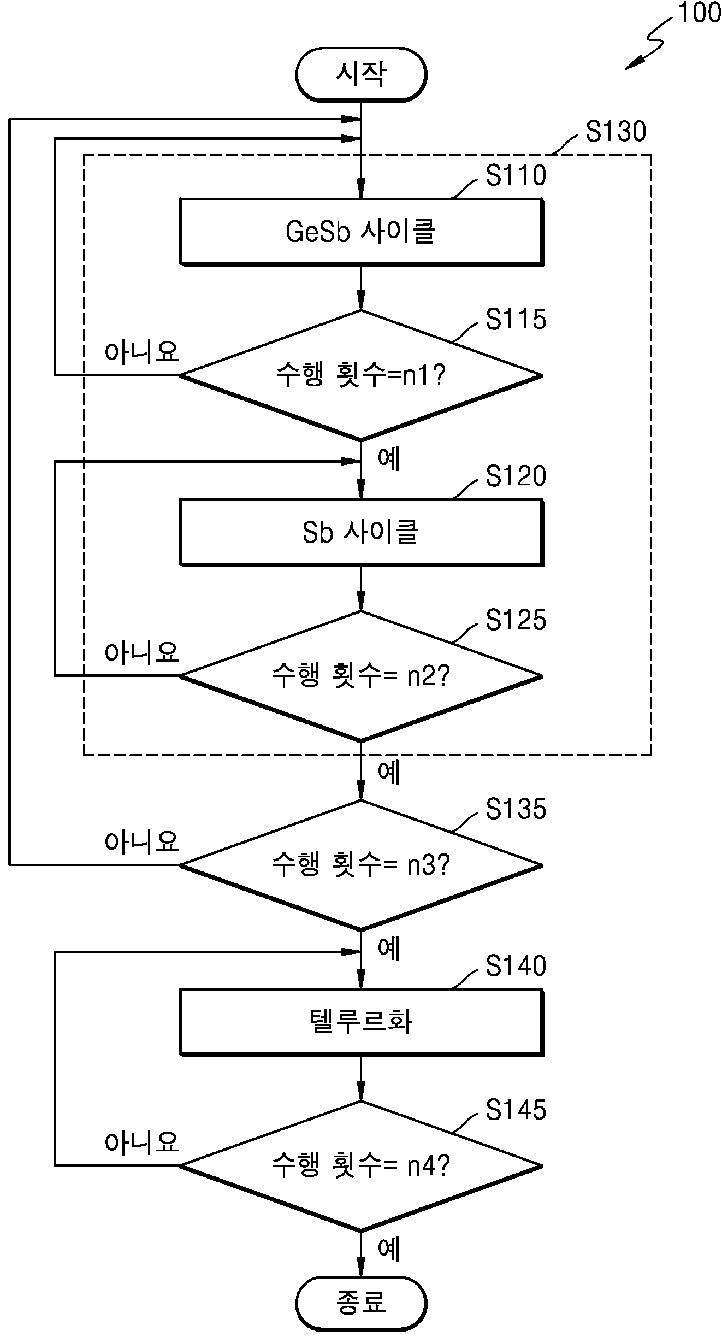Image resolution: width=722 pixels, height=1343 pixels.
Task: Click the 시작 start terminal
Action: click(x=361, y=74)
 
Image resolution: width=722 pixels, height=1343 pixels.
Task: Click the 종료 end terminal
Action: click(x=361, y=1303)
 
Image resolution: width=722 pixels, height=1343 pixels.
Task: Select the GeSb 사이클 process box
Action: click(x=362, y=232)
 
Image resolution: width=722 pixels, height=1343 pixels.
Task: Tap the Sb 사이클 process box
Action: click(x=362, y=532)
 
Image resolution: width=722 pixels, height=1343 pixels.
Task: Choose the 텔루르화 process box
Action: click(x=362, y=1022)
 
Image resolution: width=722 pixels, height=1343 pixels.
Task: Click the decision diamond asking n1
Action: click(x=361, y=375)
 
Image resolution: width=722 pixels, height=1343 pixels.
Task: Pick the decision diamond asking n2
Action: click(x=361, y=676)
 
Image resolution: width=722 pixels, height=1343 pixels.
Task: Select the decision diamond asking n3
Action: click(x=361, y=865)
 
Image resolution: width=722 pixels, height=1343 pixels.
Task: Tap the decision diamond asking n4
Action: click(x=361, y=1165)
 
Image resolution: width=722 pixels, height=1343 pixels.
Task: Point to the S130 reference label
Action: click(x=616, y=132)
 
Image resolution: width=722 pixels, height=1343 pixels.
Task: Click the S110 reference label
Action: click(x=516, y=176)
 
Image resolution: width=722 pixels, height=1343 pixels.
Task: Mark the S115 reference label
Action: click(x=516, y=320)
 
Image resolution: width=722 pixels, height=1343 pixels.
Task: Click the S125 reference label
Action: click(x=516, y=620)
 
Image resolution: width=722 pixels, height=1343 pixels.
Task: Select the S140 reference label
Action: click(x=516, y=965)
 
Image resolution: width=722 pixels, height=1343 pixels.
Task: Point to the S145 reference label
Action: click(x=516, y=1110)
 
